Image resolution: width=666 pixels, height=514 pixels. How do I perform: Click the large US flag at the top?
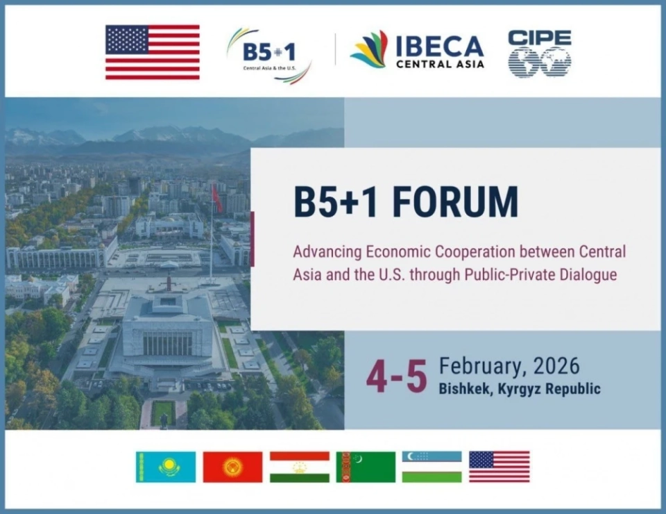(x=152, y=51)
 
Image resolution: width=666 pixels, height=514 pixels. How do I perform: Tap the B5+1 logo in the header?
(x=269, y=54)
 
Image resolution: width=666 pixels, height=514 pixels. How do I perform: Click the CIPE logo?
(x=539, y=53)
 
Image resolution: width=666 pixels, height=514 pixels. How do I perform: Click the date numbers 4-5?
(x=396, y=377)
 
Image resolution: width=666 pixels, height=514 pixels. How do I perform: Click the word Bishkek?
(x=466, y=389)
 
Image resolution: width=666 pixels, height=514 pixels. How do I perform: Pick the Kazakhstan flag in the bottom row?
(x=166, y=467)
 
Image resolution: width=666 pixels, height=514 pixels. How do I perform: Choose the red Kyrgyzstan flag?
(x=232, y=467)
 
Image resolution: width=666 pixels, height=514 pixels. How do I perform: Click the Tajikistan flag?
(x=299, y=467)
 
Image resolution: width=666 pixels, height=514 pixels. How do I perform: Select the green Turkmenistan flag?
(x=366, y=467)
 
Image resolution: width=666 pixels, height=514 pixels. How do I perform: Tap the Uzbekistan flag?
(x=432, y=467)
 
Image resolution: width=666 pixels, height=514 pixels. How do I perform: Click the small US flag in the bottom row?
(x=499, y=467)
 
